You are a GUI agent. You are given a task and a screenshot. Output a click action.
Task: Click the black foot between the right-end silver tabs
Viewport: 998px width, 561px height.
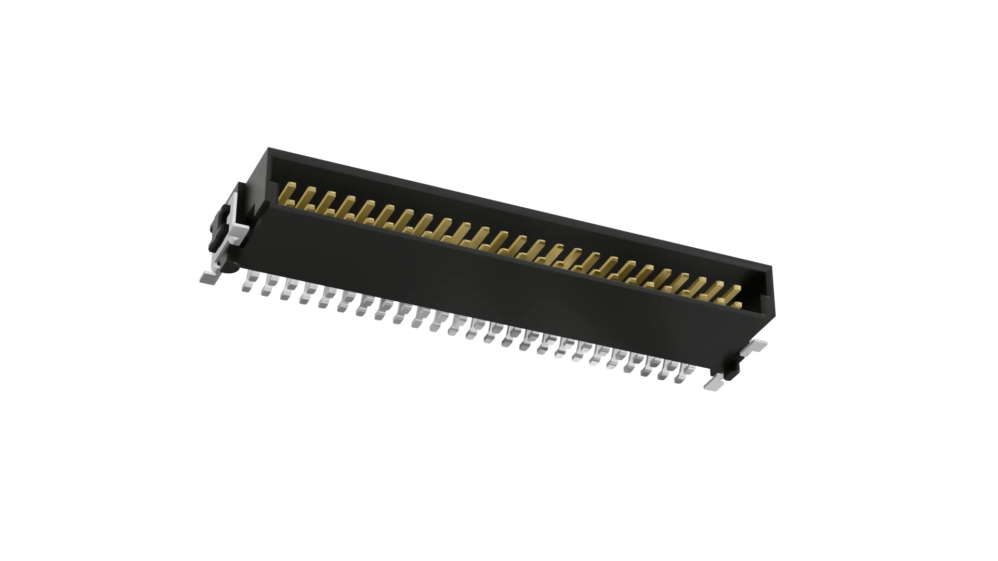point(733,369)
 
